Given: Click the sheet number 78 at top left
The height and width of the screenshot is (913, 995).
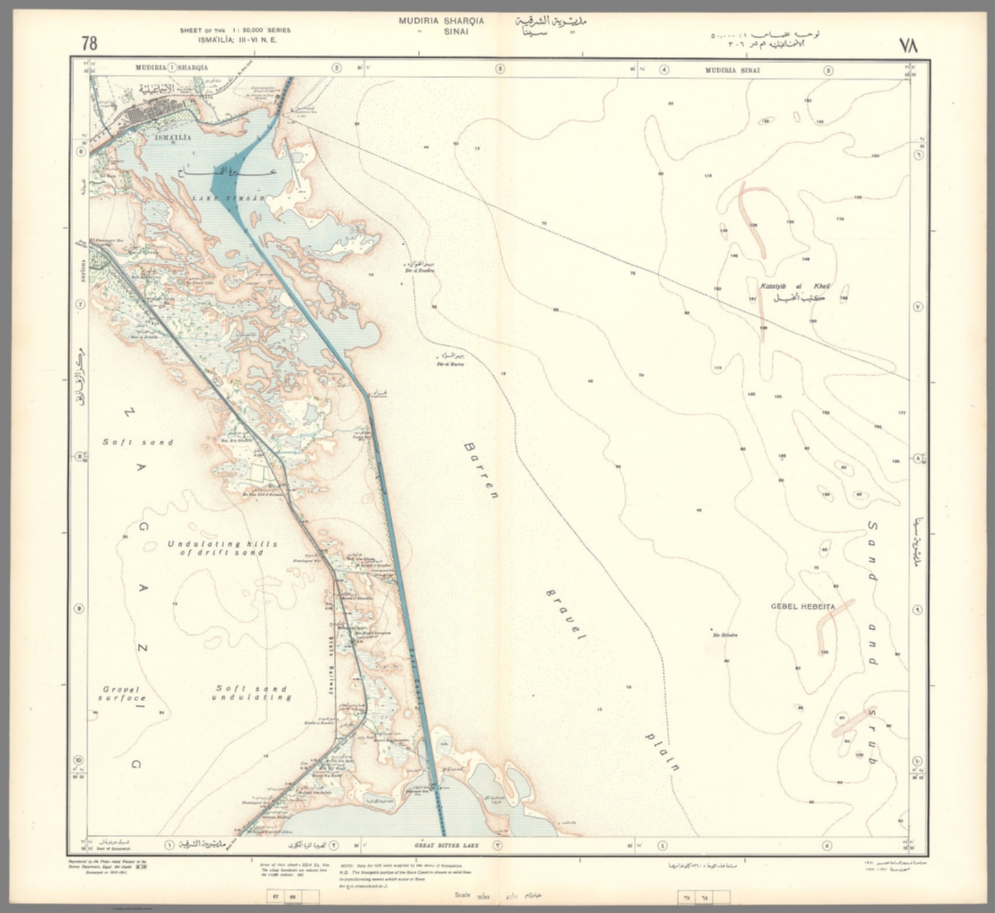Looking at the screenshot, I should click(89, 43).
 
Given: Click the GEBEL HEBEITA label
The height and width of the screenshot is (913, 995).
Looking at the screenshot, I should click(803, 607).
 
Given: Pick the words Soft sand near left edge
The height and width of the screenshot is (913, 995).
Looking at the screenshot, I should click(138, 442).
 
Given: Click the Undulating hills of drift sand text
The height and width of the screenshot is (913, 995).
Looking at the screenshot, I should click(222, 548).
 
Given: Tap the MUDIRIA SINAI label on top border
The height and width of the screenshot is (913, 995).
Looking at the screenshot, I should click(733, 70).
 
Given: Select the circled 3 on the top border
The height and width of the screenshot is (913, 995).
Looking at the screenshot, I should click(499, 69).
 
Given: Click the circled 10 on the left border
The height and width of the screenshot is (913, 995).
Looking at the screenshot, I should click(78, 761).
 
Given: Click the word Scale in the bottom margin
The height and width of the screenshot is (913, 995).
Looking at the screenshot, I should click(463, 895).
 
